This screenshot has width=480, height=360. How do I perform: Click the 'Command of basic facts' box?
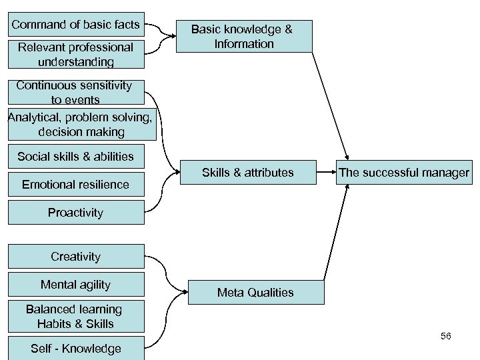click(x=75, y=25)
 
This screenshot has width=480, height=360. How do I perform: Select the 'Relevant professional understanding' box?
click(x=75, y=55)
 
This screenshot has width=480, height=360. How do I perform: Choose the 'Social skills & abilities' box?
click(x=75, y=157)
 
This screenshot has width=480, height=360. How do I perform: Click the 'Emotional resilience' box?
click(x=75, y=184)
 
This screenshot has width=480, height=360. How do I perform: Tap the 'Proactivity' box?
click(x=75, y=213)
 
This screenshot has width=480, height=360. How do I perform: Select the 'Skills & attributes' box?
click(x=247, y=173)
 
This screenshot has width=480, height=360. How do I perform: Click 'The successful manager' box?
click(x=403, y=173)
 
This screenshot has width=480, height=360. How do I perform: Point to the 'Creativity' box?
click(x=75, y=257)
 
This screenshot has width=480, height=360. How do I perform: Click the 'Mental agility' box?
click(x=75, y=285)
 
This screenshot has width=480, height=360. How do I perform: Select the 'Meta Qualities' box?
click(x=255, y=292)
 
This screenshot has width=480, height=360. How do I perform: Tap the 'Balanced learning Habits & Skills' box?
click(x=75, y=317)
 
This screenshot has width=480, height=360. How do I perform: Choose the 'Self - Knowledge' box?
click(x=75, y=348)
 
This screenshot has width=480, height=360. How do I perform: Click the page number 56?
click(x=445, y=336)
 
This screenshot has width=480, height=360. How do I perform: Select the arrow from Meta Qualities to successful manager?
click(x=335, y=233)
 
